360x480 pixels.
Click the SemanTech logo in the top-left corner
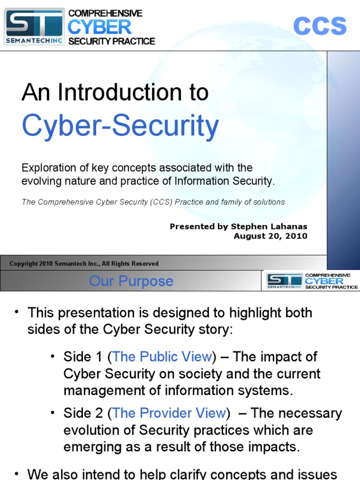(34, 27)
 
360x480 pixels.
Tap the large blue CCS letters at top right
(320, 26)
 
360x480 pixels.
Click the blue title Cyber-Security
(120, 126)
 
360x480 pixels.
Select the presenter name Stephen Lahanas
(269, 226)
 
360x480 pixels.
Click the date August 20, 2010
(270, 236)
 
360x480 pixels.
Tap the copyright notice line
(84, 264)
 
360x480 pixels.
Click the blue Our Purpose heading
(131, 281)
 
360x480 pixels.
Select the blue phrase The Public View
(162, 357)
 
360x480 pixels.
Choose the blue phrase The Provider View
(169, 413)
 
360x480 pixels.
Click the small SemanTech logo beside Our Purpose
(285, 281)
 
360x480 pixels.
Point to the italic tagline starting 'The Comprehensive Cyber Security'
(153, 202)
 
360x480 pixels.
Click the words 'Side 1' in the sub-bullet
(82, 357)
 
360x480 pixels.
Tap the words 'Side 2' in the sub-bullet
(82, 413)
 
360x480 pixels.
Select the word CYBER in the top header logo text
(99, 27)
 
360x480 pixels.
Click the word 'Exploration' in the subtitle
(48, 168)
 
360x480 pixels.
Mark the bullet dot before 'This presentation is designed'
(17, 312)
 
